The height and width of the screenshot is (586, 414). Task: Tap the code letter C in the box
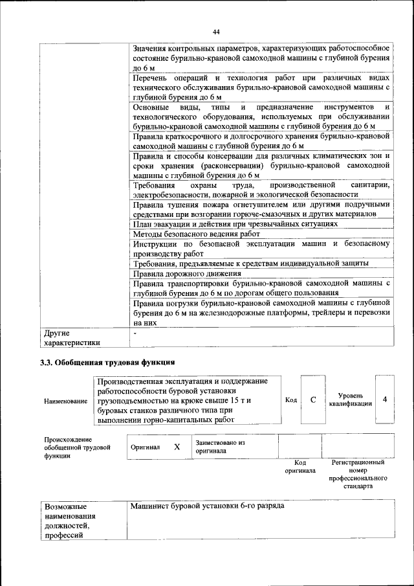tap(312, 400)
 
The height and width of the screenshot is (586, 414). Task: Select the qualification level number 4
tap(384, 400)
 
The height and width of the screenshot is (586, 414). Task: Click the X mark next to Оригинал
tap(177, 447)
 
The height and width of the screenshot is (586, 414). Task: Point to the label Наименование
tap(66, 401)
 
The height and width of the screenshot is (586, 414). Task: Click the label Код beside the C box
tap(291, 400)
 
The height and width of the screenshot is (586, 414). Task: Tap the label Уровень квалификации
tap(350, 400)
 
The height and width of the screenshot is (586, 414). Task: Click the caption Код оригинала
tap(300, 467)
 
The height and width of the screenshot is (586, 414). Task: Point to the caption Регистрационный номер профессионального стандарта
tap(358, 475)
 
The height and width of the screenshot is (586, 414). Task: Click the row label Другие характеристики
tap(71, 337)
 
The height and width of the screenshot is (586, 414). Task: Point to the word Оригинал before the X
tap(145, 447)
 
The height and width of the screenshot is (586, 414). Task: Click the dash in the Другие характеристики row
tap(135, 332)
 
